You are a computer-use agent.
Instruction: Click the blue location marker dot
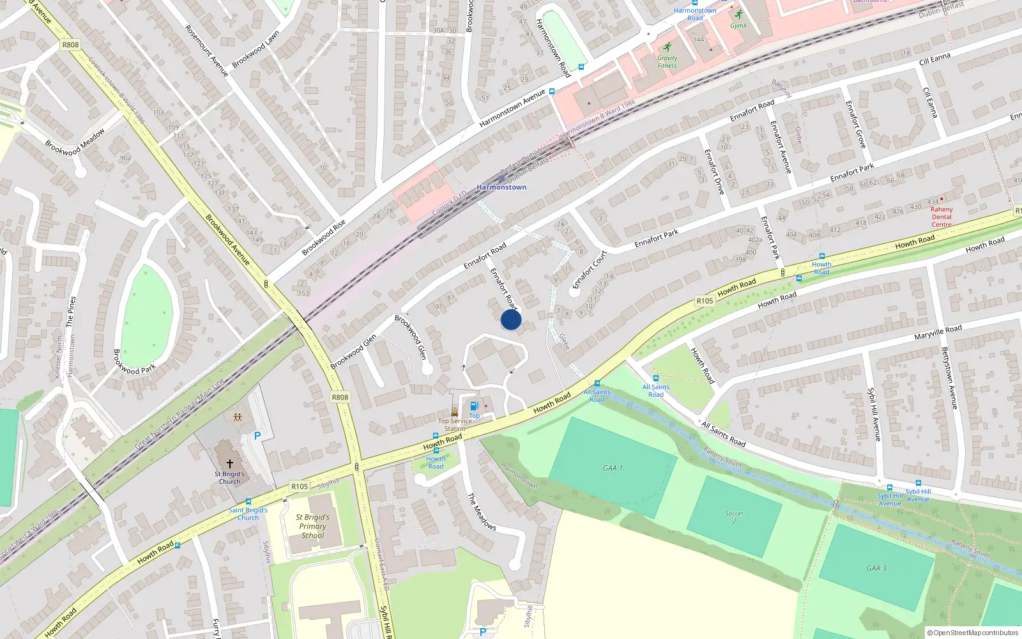(x=511, y=319)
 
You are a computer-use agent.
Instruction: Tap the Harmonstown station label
(x=501, y=187)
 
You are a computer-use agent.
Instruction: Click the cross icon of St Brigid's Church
(x=230, y=463)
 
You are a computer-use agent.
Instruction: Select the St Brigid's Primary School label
(x=312, y=527)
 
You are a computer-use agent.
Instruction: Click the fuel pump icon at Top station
(x=474, y=406)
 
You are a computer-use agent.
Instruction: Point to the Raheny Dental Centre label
(x=942, y=217)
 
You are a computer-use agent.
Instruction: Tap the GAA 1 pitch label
(x=613, y=468)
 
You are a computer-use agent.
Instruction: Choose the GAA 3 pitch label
(x=873, y=568)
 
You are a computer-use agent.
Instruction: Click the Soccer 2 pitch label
(x=734, y=516)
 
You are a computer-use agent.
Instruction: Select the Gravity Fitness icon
(x=667, y=47)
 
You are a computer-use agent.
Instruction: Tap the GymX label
(x=738, y=26)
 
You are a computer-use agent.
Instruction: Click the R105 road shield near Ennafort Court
(x=705, y=300)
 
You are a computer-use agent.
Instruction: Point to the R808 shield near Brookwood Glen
(x=340, y=397)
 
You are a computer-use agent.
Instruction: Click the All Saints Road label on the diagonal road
(x=724, y=434)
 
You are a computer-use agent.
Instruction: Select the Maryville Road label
(x=938, y=333)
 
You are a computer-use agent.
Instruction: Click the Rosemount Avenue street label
(x=207, y=51)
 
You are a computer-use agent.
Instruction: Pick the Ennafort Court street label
(x=589, y=270)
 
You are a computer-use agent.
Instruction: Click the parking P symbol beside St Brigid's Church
(x=257, y=436)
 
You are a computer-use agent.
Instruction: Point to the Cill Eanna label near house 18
(x=934, y=59)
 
